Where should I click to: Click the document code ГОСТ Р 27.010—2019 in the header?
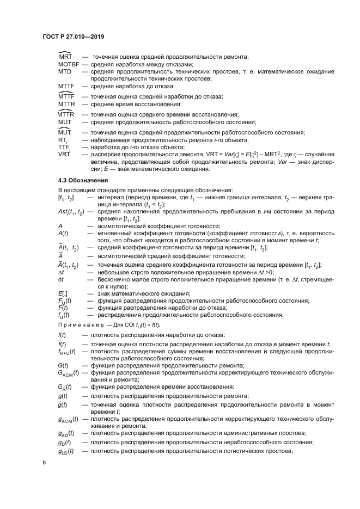[73, 37]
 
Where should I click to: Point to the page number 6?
[45, 462]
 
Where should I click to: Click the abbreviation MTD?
[64, 71]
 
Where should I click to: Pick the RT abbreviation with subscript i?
[63, 140]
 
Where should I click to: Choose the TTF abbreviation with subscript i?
[64, 148]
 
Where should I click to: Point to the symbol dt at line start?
[60, 279]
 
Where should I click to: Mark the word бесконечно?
[115, 279]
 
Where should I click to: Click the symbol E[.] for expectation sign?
[62, 293]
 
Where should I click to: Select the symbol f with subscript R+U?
[66, 352]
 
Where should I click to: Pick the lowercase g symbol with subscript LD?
[66, 451]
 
